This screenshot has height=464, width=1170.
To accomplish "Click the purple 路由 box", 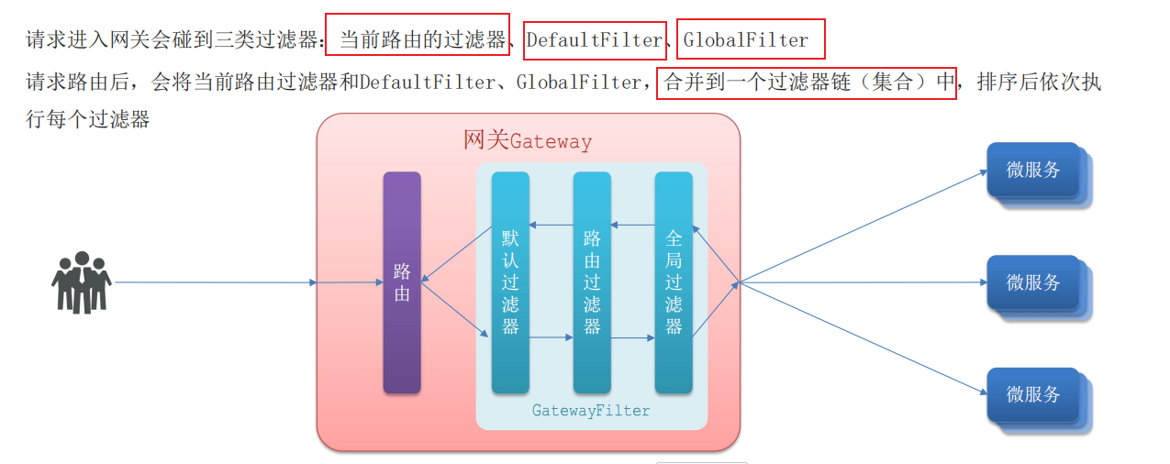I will point(402,282).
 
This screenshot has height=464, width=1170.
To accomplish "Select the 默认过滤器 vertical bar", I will point(510,282).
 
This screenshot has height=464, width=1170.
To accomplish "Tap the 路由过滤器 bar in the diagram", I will point(592,282).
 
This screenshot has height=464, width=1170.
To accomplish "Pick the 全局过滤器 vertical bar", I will point(674,282).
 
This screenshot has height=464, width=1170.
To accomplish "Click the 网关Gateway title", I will point(528,141).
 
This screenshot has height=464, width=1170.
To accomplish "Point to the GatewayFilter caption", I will point(591,411).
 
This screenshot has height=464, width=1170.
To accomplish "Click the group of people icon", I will point(81,282).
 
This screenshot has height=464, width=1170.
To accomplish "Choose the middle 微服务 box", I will point(1033,282).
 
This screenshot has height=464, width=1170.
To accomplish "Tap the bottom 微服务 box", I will point(1033,394).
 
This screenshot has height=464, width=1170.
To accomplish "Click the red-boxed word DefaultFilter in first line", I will point(595,40).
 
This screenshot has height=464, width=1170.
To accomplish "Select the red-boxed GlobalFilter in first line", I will point(747,40).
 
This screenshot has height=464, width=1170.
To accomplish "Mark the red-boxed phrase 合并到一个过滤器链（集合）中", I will point(807,83).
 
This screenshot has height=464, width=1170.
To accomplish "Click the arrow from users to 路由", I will point(216,282).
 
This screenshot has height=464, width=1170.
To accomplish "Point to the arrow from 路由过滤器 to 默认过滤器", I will point(551,225).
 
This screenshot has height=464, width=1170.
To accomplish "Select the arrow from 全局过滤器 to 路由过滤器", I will point(632,225).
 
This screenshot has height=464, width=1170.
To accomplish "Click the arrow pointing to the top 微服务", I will point(863,226).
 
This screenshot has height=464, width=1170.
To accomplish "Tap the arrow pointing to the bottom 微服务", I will point(863,338).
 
